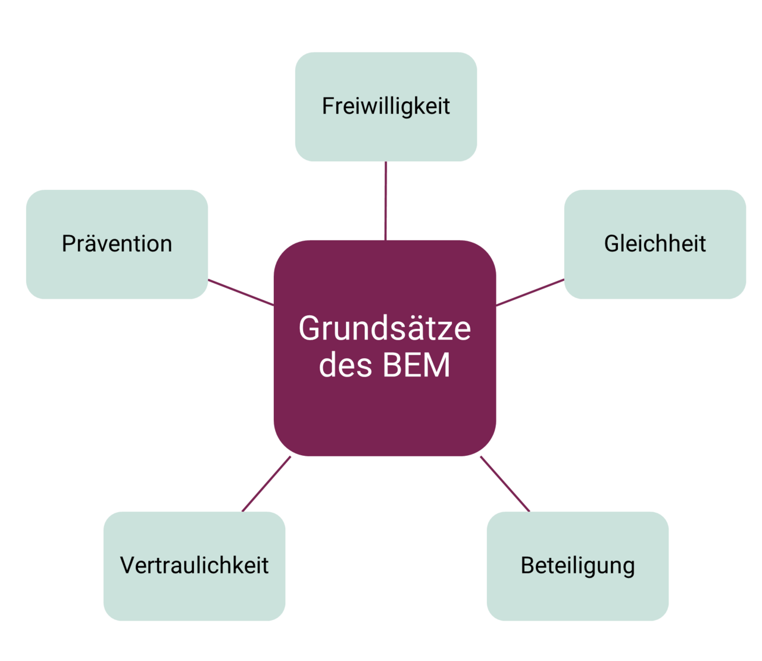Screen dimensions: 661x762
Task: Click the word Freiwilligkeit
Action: [386, 106]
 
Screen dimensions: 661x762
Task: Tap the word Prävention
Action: [117, 244]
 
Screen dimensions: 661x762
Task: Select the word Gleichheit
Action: [655, 244]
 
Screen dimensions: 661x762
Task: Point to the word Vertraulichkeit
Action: [194, 565]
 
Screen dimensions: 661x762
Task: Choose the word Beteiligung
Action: [577, 566]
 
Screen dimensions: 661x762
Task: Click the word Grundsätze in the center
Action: [385, 328]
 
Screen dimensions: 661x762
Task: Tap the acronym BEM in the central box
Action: [416, 365]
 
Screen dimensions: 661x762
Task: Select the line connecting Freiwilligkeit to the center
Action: [386, 201]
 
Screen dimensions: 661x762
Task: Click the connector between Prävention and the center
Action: [241, 292]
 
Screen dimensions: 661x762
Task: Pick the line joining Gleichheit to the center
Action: [530, 292]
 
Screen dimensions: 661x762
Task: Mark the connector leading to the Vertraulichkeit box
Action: [266, 484]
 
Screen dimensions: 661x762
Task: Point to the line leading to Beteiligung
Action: [505, 484]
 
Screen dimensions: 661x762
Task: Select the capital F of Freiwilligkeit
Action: [328, 106]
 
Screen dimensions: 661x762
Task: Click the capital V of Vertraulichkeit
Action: [127, 565]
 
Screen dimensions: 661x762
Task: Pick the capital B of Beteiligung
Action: [527, 565]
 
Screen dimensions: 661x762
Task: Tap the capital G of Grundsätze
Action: [310, 328]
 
